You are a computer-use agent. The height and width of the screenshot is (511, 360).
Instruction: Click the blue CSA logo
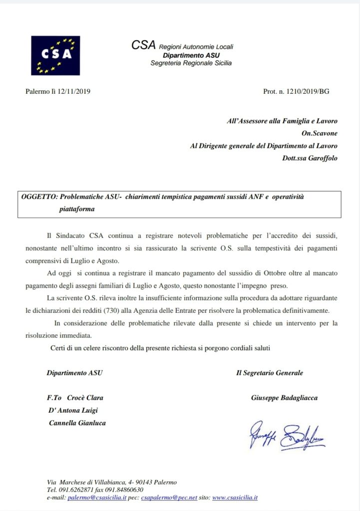pos(55,55)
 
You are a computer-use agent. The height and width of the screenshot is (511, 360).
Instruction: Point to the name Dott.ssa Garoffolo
pos(310,158)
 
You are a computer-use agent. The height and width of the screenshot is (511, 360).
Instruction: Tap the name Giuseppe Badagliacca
pos(285,398)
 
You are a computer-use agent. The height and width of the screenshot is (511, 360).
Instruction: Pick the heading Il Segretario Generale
pos(270,372)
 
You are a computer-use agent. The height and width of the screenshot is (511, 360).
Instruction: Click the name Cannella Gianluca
pos(77,423)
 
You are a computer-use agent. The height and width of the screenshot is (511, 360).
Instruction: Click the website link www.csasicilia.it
pos(235,498)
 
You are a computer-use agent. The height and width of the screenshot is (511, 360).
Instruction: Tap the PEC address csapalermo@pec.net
pos(167,498)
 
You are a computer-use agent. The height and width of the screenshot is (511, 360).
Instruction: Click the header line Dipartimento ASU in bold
pos(191,55)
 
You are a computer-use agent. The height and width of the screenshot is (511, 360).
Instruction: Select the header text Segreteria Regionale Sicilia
pos(191,63)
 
